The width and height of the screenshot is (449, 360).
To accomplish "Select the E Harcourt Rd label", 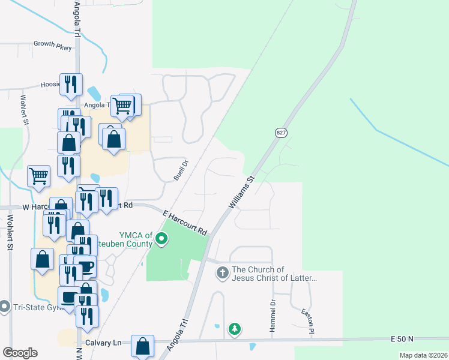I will tap(185, 221).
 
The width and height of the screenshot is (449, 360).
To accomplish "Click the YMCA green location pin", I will tap(161, 240).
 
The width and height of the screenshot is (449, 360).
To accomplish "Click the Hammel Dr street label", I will tap(273, 311).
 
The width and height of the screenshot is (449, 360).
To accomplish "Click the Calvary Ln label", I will tap(103, 343).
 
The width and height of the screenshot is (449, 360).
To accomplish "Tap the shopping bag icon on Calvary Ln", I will tap(142, 346).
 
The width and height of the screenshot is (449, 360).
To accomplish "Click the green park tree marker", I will tap(235, 329).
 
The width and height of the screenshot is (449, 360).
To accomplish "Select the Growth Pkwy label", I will tap(52, 44).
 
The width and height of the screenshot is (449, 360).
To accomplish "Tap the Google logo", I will tap(20, 353).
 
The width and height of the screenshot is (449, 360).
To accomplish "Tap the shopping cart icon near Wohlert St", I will tap(38, 176).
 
